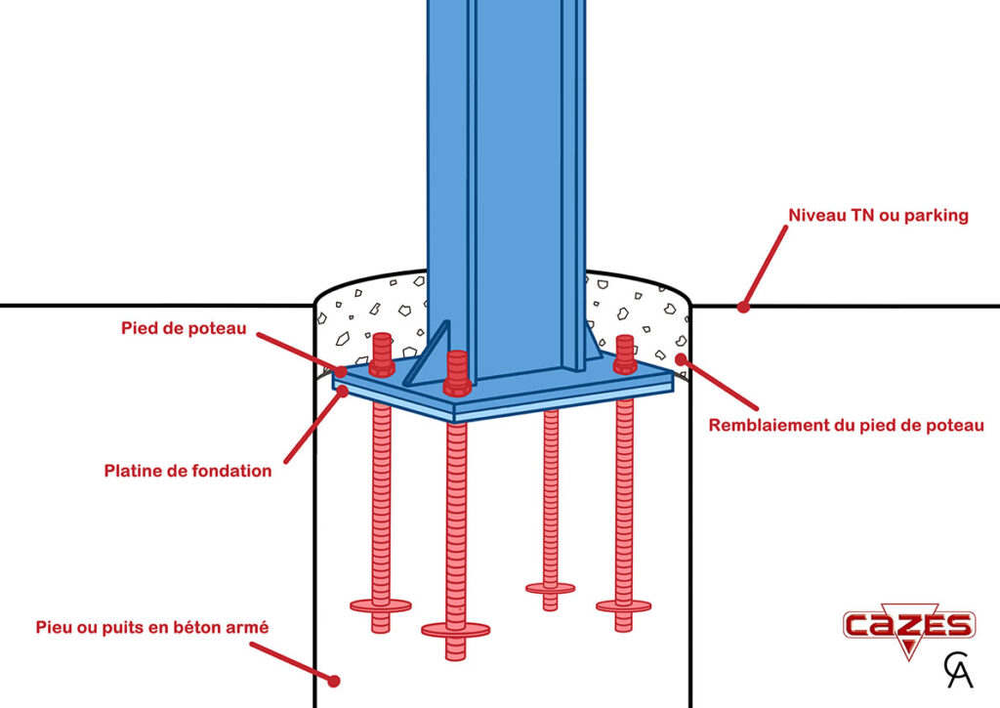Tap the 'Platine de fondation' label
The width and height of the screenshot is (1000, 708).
point(187,471)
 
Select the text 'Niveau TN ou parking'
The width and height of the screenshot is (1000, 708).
point(878,215)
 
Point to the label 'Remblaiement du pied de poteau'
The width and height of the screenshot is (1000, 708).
point(845,425)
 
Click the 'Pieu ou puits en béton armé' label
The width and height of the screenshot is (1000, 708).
point(151,627)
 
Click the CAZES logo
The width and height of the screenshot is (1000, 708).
point(908,626)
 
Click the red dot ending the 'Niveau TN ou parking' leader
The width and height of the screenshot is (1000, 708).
point(743,307)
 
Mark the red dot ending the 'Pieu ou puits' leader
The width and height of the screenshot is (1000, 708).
point(333,681)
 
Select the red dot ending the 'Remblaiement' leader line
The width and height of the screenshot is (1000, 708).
point(681,359)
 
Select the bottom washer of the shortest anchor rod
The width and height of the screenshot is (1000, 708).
point(550,588)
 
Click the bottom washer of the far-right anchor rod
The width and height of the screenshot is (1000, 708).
point(624,605)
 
